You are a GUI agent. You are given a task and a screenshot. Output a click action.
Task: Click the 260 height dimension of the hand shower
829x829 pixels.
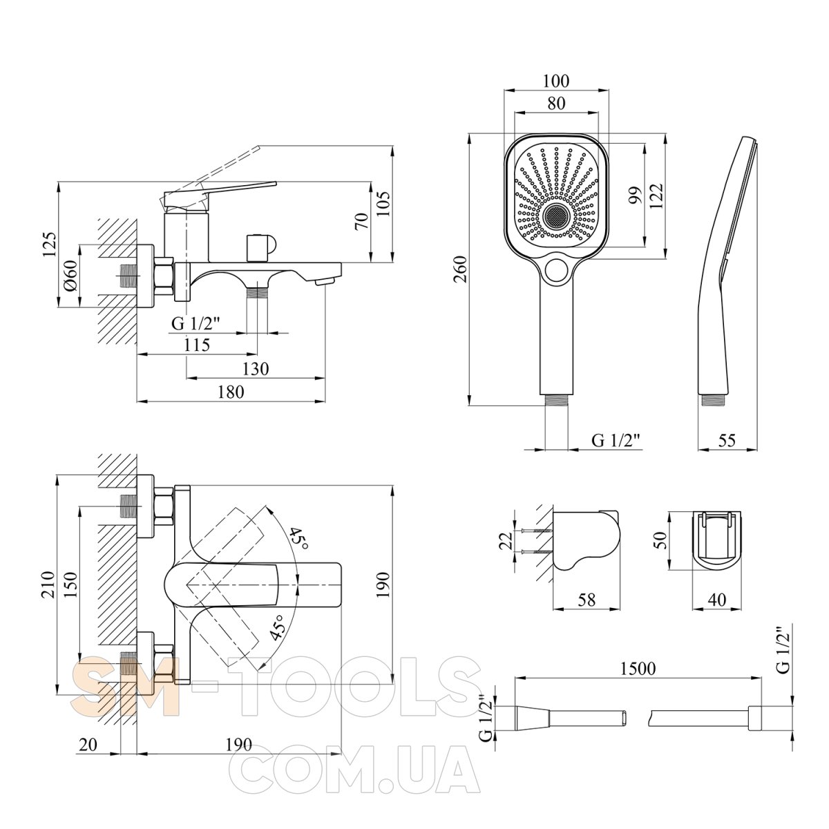[461, 269]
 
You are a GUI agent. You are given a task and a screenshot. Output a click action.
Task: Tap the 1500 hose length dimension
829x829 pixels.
[638, 668]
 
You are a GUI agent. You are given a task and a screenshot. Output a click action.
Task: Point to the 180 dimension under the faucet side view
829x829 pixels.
[231, 392]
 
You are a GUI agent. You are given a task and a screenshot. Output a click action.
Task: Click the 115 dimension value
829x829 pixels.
[197, 345]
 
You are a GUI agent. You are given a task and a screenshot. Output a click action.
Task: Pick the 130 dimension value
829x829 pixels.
[256, 369]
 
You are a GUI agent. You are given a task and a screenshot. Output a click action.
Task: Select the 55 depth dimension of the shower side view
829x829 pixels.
[727, 440]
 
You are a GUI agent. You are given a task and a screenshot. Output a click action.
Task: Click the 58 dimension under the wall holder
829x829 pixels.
[587, 600]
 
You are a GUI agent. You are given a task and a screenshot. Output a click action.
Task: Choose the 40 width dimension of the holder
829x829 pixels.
[716, 600]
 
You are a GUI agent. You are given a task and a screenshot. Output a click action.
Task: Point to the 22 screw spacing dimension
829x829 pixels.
[506, 541]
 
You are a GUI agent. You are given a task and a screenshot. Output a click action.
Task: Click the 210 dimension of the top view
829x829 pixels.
[50, 584]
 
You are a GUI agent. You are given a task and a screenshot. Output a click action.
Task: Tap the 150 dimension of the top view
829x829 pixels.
[71, 584]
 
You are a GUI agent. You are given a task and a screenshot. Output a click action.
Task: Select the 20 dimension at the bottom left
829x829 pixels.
[88, 744]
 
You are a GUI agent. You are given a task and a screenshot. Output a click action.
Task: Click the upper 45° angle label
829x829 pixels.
[299, 537]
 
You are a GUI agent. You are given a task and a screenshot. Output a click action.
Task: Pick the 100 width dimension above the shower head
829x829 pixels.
[555, 81]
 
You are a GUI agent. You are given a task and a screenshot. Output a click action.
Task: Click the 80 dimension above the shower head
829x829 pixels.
[557, 103]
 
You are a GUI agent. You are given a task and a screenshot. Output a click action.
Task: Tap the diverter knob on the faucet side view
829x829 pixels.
[258, 247]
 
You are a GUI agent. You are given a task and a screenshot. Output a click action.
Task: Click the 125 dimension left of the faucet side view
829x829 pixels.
[50, 245]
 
